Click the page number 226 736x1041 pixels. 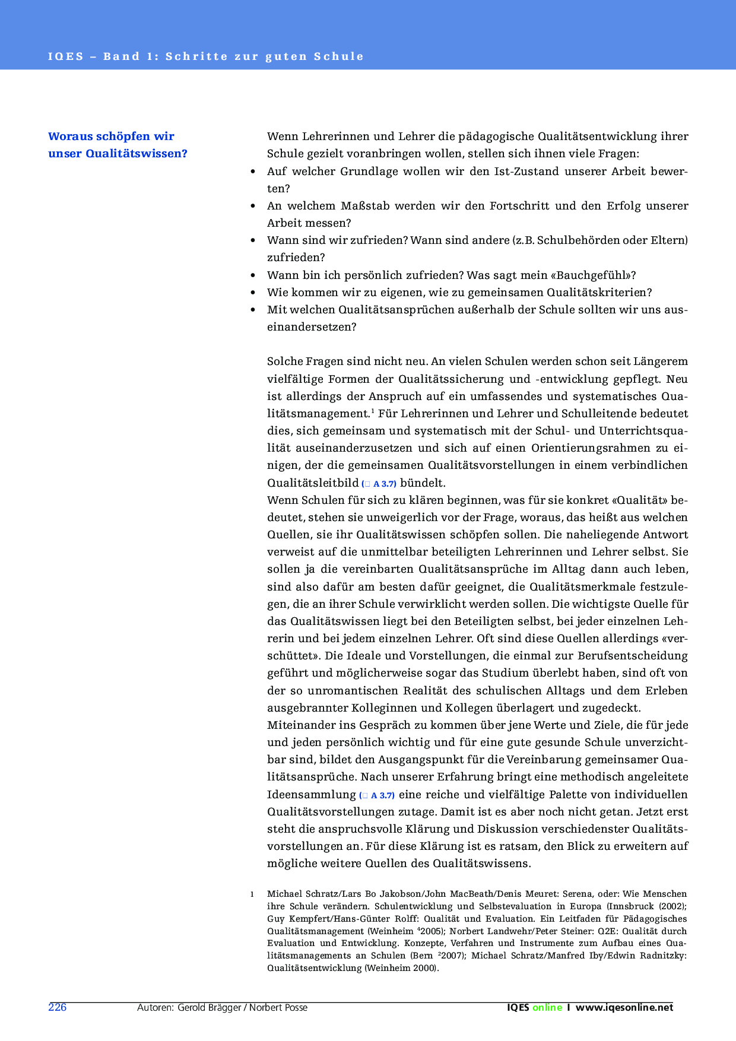tap(57, 1007)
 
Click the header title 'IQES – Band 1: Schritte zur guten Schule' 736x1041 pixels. tap(205, 56)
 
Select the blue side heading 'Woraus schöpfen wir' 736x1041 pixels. tap(111, 137)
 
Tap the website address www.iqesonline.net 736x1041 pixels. tap(624, 1007)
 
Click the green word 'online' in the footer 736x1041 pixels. tap(547, 1007)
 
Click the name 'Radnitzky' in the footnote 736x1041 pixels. tap(663, 956)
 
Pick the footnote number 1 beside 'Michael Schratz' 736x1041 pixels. tap(252, 894)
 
